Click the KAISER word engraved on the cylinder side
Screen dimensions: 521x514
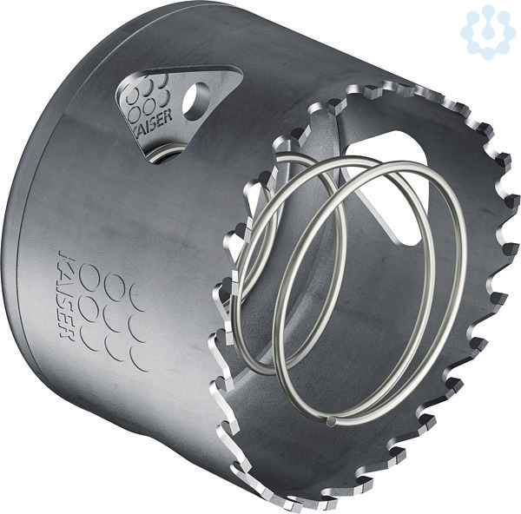point(65,294)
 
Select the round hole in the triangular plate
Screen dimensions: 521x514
point(195,101)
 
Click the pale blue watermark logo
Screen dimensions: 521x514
point(485,32)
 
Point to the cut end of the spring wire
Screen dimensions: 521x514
point(331,422)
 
